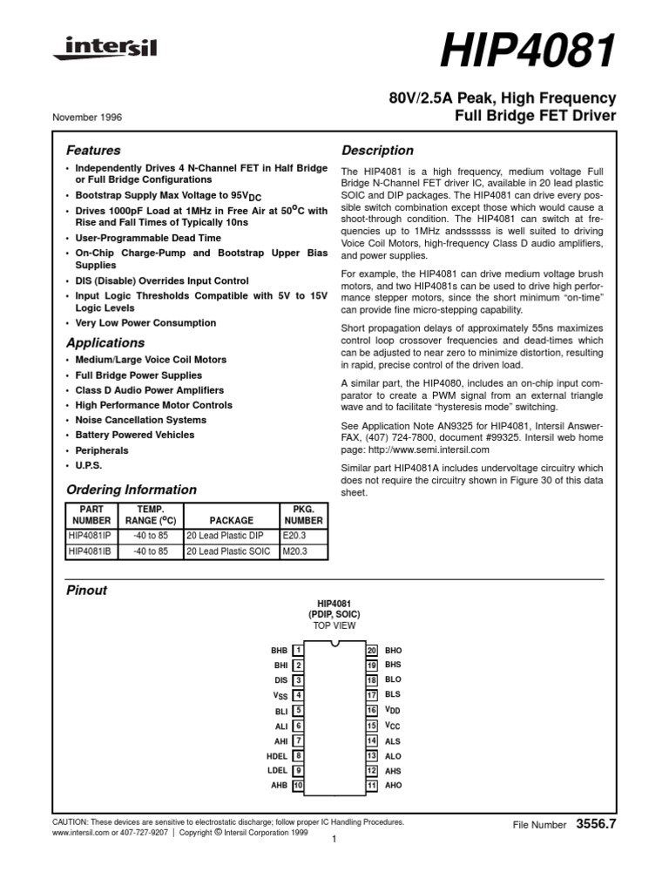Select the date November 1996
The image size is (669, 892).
pos(86,116)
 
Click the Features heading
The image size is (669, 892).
pos(93,150)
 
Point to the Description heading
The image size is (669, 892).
pos(376,150)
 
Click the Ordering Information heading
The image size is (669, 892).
pos(132,490)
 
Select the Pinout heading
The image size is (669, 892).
pos(87,590)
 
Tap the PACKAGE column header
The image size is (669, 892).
pos(231,520)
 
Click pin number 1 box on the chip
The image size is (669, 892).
pos(298,651)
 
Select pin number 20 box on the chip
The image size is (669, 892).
pos(371,651)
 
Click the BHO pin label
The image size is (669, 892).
pos(393,651)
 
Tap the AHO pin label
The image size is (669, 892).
pos(393,785)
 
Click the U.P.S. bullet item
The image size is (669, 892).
pos(89,466)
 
